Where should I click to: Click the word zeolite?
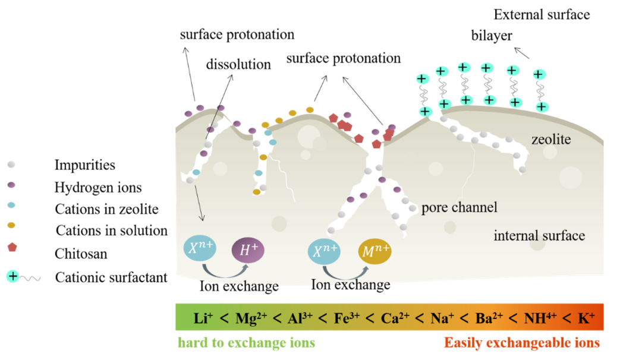click(551, 140)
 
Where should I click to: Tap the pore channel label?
click(459, 207)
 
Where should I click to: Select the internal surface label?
click(539, 236)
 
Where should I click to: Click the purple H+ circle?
click(248, 250)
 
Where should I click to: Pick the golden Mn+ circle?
click(376, 250)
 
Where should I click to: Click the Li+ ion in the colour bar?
click(203, 318)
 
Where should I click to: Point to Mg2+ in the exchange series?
click(251, 318)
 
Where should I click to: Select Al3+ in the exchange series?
click(300, 318)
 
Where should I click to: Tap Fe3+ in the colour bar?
click(347, 318)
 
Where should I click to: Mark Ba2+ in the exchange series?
click(489, 318)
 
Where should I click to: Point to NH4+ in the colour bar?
click(539, 318)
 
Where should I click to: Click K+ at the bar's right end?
click(586, 318)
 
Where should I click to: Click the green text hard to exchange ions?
click(246, 343)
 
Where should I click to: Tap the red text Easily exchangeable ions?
click(522, 343)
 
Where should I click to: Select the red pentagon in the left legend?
click(11, 247)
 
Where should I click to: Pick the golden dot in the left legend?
click(11, 225)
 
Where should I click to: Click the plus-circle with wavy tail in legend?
click(13, 276)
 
